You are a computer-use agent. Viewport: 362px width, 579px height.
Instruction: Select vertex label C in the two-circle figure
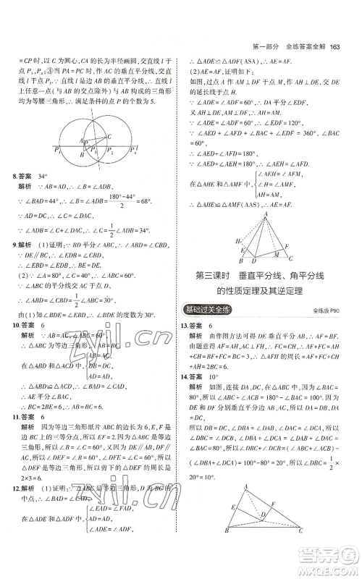109,135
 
